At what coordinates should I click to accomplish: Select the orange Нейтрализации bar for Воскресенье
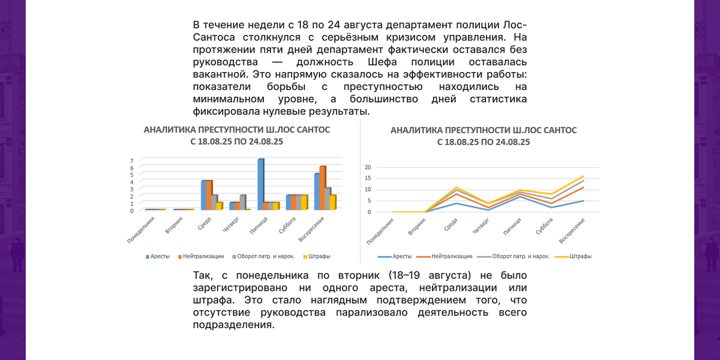(322, 188)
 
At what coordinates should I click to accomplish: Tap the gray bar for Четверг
(242, 202)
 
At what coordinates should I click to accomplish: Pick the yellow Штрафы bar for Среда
(219, 206)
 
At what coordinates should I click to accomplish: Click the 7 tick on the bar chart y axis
(132, 161)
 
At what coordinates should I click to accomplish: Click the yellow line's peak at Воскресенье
(583, 176)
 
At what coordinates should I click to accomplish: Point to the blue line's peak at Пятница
(520, 196)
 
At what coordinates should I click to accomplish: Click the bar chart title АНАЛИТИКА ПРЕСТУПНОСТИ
(237, 130)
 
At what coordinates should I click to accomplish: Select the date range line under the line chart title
(484, 142)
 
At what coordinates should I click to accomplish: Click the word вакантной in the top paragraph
(220, 74)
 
